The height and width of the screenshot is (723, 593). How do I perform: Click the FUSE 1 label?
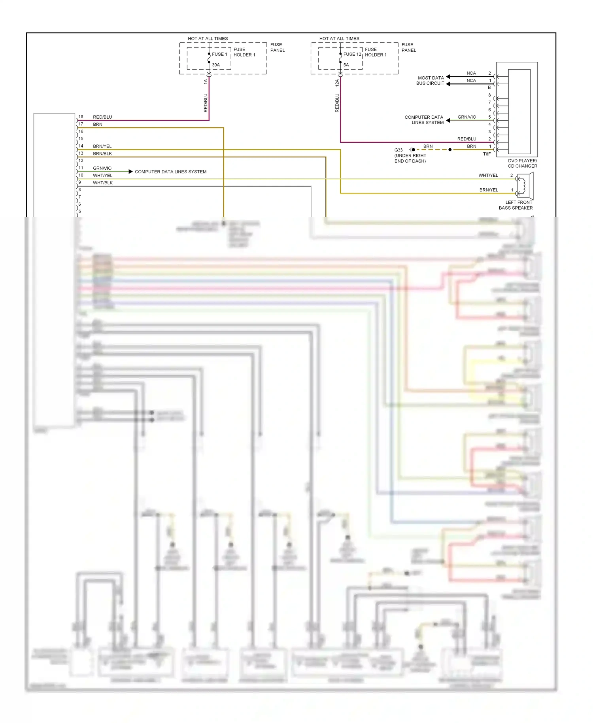click(x=219, y=54)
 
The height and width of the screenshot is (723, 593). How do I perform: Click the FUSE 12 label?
click(x=352, y=54)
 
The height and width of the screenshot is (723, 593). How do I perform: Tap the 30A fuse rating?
click(x=216, y=65)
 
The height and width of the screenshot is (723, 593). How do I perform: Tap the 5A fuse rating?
click(x=346, y=65)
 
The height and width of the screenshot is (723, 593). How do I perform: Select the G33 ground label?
click(x=398, y=150)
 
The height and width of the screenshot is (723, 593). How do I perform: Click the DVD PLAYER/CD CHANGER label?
click(x=522, y=163)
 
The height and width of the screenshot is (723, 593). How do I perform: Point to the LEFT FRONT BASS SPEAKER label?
click(x=516, y=205)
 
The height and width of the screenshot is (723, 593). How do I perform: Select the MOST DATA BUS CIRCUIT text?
click(x=430, y=81)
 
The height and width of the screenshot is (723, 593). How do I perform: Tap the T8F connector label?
click(x=487, y=154)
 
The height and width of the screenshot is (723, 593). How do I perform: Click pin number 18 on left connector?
click(x=81, y=117)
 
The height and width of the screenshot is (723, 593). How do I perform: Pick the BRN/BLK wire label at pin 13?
click(x=102, y=153)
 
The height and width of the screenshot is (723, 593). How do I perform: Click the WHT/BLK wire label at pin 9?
click(x=103, y=183)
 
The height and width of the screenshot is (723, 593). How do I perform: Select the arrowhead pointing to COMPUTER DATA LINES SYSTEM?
click(x=130, y=171)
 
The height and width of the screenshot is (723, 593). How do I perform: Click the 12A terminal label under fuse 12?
click(x=337, y=83)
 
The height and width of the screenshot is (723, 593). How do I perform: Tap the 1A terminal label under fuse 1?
click(x=205, y=81)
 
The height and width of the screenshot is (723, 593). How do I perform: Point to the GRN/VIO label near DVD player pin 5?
click(x=466, y=117)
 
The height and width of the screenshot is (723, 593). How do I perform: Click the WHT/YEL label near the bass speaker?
click(x=488, y=175)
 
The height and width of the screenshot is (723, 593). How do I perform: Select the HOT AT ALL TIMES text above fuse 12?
click(x=339, y=39)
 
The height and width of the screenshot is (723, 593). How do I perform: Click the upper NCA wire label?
click(x=471, y=73)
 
